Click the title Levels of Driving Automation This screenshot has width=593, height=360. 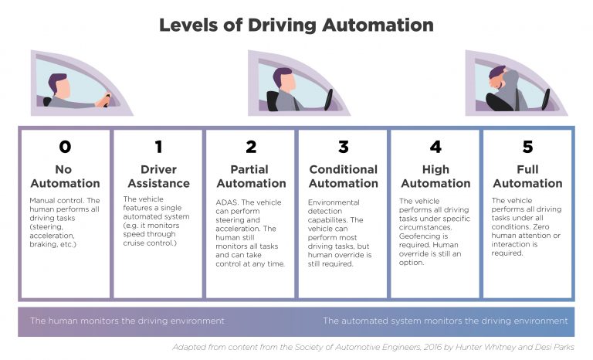296,24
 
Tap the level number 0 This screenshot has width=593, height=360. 65,147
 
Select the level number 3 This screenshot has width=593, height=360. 343,147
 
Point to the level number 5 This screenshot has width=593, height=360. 528,147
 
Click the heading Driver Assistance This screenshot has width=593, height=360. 158,176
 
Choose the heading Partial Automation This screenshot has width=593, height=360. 250,176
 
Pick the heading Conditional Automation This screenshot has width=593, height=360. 343,176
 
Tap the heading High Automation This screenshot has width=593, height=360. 435,176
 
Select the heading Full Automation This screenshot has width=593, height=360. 528,176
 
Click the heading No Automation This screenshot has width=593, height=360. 65,176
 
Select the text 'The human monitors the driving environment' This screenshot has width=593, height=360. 127,321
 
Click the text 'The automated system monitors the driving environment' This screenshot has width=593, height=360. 445,321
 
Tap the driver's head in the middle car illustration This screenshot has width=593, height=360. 284,78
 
